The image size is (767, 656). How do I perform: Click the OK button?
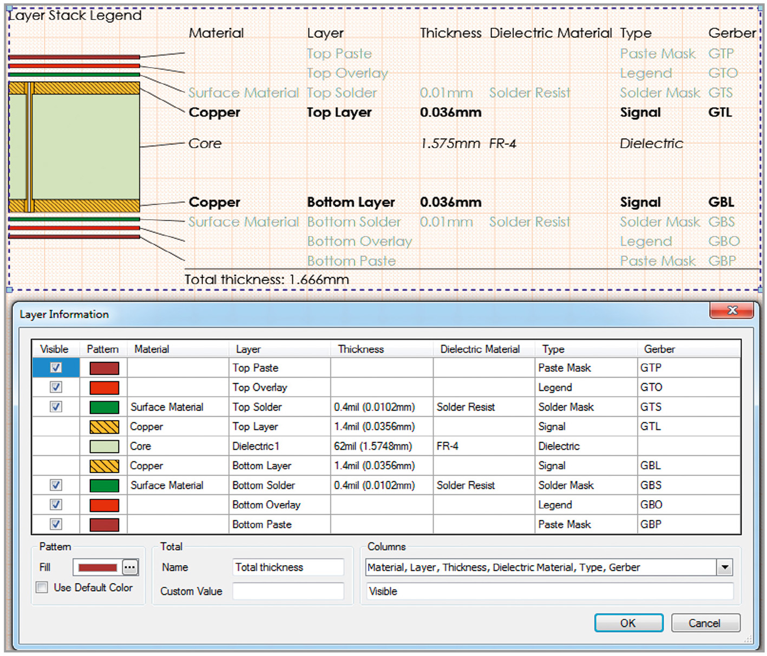[628, 622]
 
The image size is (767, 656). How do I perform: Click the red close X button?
[731, 310]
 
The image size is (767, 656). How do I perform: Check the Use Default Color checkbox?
[42, 587]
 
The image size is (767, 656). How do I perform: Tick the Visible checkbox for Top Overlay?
[56, 387]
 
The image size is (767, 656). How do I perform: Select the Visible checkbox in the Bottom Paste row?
[56, 524]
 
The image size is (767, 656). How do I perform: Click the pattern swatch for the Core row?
[104, 446]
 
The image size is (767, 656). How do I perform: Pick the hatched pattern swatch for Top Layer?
[104, 427]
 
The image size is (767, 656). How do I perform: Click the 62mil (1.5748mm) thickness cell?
[373, 446]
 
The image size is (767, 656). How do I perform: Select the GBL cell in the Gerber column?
[650, 466]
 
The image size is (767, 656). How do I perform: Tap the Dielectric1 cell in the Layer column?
[255, 446]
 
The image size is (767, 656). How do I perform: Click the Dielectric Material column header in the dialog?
[480, 349]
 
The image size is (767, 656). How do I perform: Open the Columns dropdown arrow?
[725, 567]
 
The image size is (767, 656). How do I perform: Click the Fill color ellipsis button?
[130, 567]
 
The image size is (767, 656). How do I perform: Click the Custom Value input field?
[288, 591]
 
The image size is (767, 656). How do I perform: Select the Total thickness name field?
[288, 567]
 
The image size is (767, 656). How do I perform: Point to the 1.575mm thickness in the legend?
[450, 143]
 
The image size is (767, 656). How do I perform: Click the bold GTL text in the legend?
[720, 112]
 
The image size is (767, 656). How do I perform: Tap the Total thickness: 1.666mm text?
[267, 279]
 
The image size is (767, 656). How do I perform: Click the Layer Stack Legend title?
[75, 15]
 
